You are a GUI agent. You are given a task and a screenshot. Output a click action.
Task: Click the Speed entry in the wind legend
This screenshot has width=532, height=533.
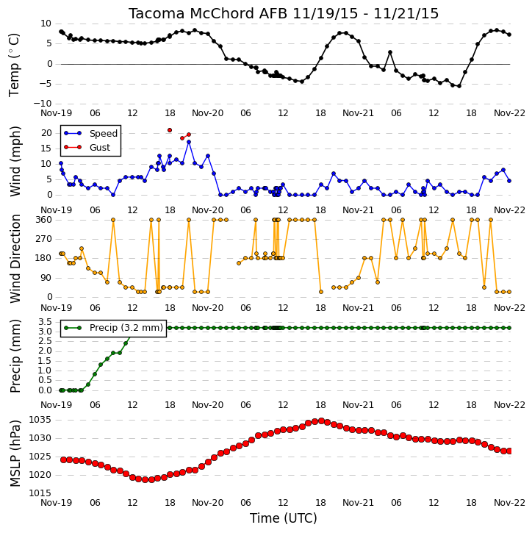pos(90,133)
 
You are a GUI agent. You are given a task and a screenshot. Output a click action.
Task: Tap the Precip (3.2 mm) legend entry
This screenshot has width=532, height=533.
pos(113,328)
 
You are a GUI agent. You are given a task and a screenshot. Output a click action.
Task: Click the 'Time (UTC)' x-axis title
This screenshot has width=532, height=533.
pos(284,518)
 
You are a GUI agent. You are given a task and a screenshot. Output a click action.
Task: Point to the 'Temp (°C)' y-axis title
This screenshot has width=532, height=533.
pos(14,65)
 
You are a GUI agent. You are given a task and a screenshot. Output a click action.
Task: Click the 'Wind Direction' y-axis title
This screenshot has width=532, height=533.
pos(15,259)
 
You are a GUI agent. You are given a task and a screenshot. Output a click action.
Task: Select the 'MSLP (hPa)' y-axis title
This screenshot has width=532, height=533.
pos(15,454)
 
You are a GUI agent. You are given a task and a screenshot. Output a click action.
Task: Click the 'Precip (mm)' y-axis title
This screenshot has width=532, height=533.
pos(15,356)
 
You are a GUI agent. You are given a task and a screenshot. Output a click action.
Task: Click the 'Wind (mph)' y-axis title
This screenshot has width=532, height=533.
pos(15,161)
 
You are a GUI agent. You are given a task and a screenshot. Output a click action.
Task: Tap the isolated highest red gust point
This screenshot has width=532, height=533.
pos(170,130)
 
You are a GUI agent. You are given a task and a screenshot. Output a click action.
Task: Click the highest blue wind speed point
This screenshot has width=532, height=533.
pos(189,142)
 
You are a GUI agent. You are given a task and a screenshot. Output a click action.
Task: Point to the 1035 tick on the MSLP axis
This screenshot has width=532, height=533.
pos(40,420)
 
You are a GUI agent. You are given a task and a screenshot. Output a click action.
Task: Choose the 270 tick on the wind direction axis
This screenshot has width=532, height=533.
pos(44,239)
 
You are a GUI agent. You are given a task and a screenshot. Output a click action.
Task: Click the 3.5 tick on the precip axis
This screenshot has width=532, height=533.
pos(45,321)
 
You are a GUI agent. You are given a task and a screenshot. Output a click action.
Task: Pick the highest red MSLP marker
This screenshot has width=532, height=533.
pos(321,421)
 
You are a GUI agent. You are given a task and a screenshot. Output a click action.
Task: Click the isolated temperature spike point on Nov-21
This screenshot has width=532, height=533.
pos(390,52)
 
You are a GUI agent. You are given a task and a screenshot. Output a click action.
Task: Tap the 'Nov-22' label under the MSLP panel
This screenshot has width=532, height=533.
pos(509,502)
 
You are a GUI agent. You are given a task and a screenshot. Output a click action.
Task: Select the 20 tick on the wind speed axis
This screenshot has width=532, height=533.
pos(46,133)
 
